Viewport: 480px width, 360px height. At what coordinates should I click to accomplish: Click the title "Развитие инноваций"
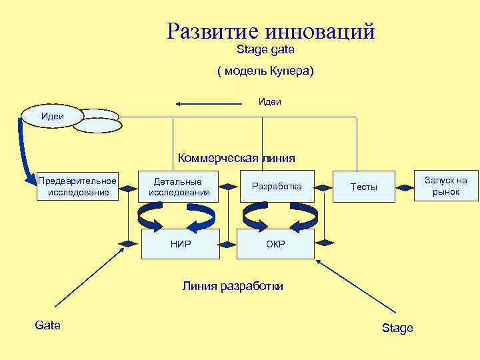tap(271, 31)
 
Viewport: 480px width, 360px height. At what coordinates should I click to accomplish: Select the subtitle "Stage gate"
tap(265, 50)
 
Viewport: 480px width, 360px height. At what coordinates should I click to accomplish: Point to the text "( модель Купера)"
tap(265, 71)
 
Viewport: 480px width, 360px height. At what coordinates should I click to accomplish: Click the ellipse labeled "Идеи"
tap(53, 116)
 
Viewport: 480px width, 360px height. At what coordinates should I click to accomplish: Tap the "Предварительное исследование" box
tap(78, 187)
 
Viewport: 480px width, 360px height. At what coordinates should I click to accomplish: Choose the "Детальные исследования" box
tap(179, 187)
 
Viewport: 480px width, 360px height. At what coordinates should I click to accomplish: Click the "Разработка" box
tap(277, 187)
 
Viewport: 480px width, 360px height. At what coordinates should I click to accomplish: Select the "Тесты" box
tap(364, 187)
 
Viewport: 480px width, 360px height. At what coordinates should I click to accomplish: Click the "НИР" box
tap(181, 244)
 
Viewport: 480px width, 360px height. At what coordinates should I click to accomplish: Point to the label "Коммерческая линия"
tap(236, 158)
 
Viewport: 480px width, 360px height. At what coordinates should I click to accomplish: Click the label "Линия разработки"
tap(233, 286)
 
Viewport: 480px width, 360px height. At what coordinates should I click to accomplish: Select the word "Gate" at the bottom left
tap(47, 325)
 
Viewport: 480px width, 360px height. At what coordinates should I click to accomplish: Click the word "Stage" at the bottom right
tap(397, 328)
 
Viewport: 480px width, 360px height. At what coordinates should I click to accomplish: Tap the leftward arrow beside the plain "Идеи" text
tap(209, 103)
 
